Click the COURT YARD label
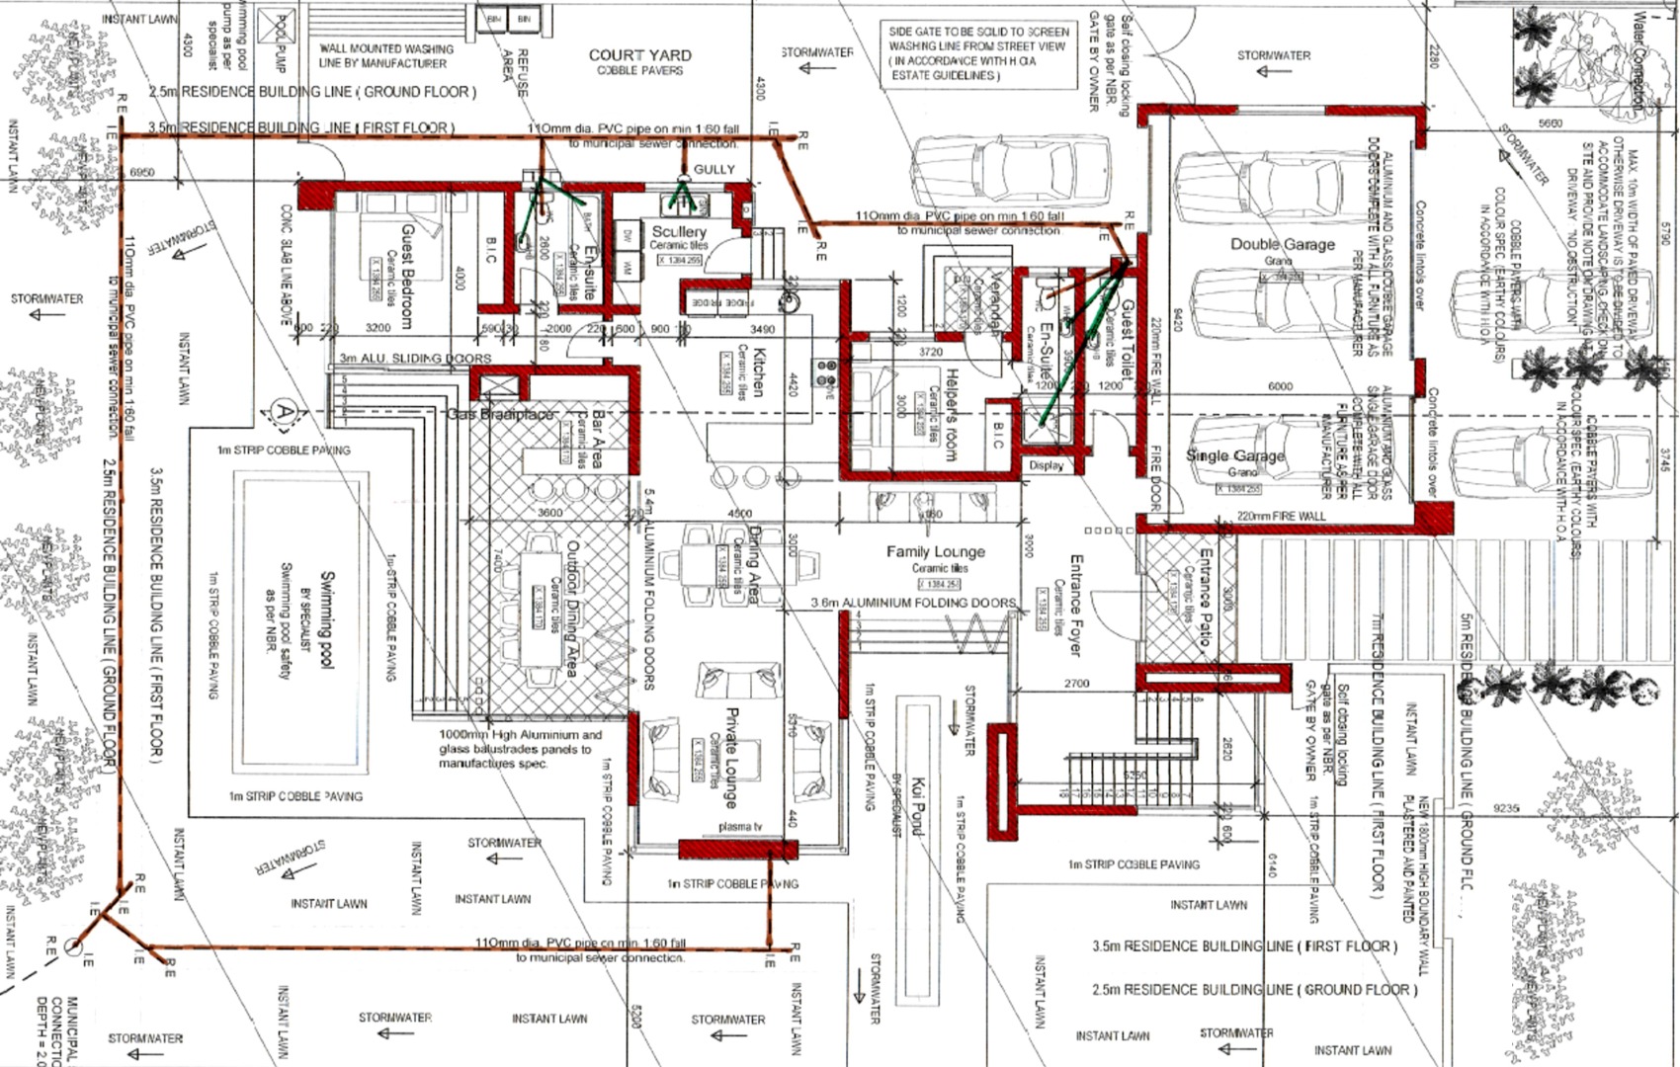pyautogui.click(x=639, y=55)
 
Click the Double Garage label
pyautogui.click(x=1282, y=244)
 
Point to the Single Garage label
pyautogui.click(x=1234, y=455)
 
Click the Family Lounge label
pyautogui.click(x=935, y=551)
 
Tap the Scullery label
pyautogui.click(x=679, y=231)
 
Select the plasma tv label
pyautogui.click(x=740, y=826)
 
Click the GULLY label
pyautogui.click(x=714, y=170)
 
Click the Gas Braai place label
pyautogui.click(x=500, y=415)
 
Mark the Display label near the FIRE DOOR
pyautogui.click(x=1046, y=465)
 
